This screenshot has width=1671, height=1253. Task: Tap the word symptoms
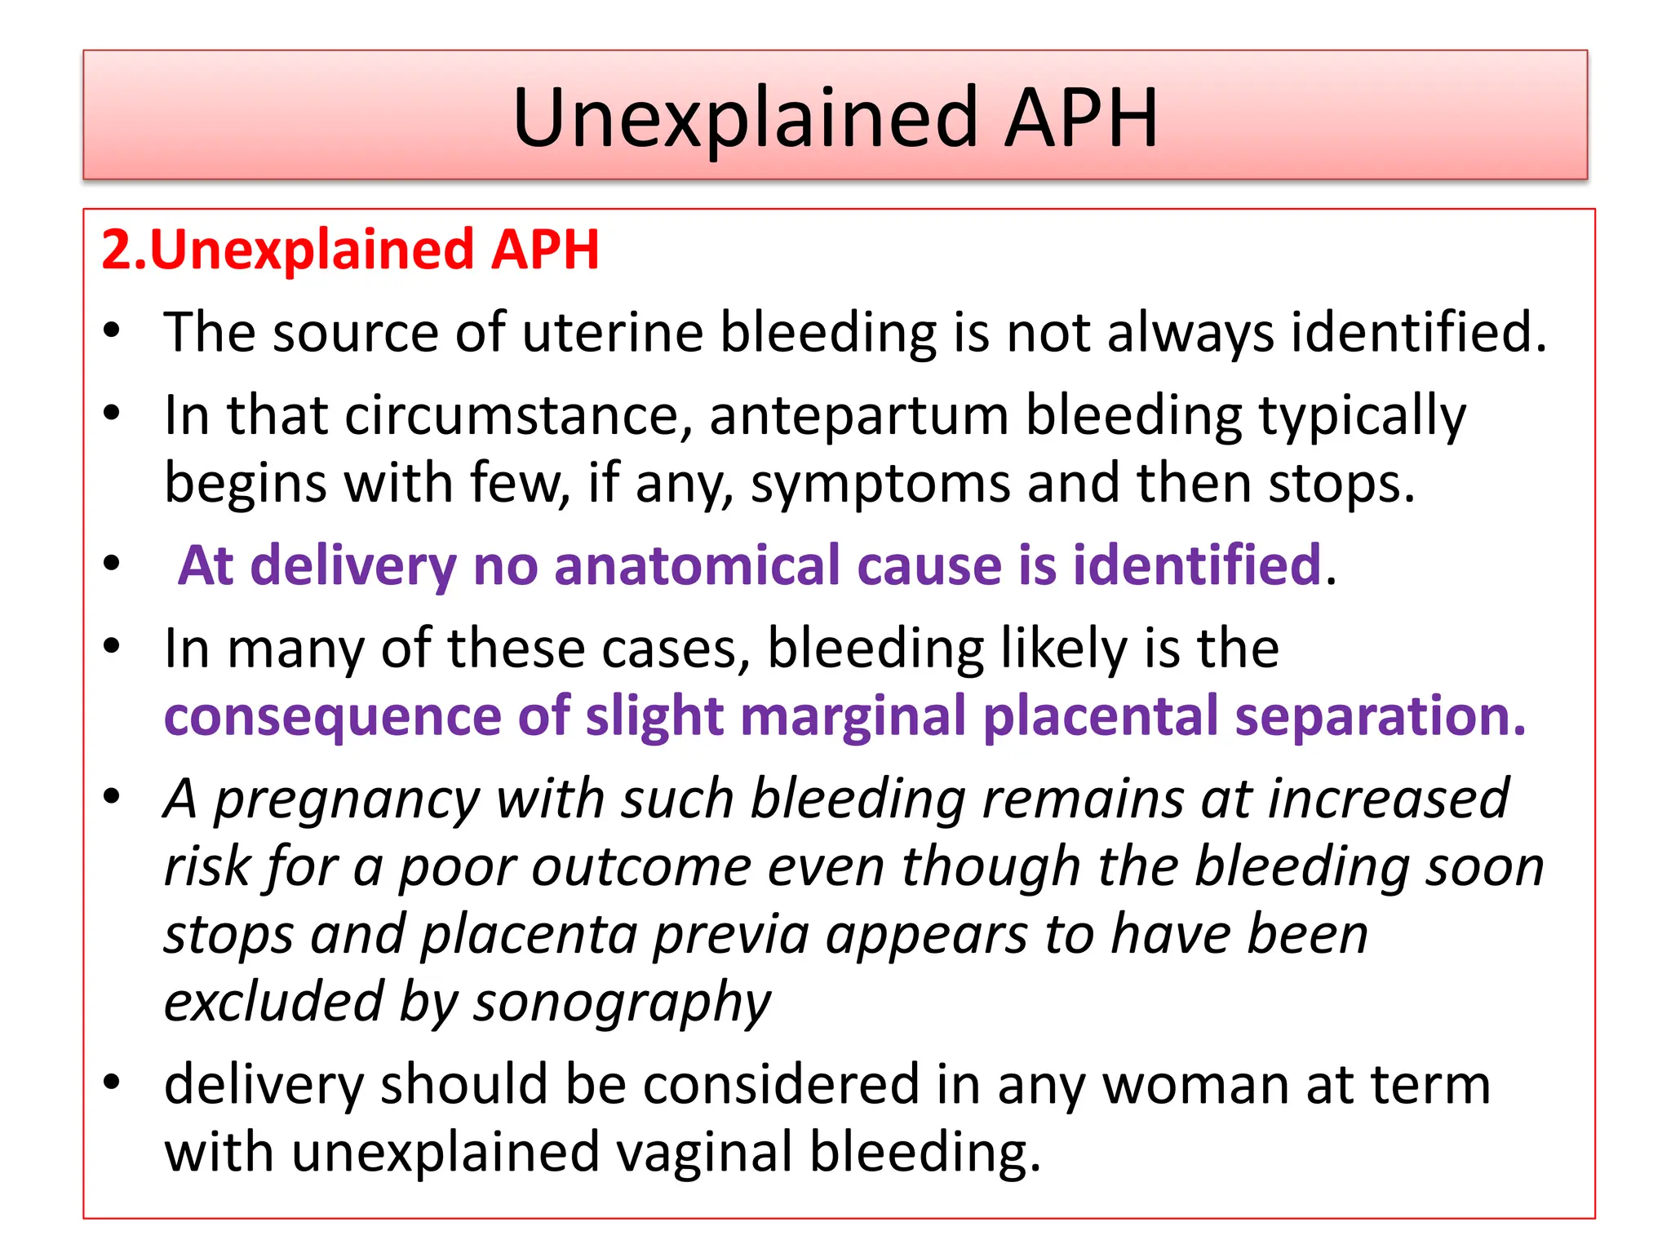880,485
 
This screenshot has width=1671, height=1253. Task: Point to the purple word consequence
332,717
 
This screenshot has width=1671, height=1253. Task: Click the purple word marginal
853,717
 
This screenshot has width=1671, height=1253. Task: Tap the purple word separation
1379,717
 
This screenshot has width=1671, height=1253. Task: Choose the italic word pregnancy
347,800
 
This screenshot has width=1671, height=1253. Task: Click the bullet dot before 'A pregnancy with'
112,796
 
